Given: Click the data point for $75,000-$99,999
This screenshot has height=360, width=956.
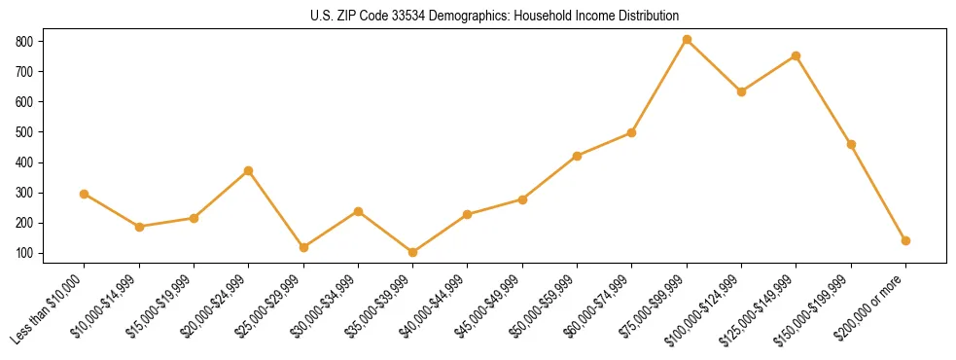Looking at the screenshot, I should (x=687, y=40).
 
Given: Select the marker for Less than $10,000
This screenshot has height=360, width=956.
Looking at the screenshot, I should (x=85, y=194).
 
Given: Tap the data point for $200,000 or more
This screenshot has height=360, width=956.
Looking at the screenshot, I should (x=905, y=240).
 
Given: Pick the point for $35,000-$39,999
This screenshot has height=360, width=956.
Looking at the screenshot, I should (x=413, y=252).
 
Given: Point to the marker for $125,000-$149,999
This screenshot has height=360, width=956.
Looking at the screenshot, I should (x=796, y=55).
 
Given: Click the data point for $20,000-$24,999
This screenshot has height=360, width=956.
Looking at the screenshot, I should (x=249, y=170).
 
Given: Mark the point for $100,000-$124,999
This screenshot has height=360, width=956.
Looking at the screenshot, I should (x=741, y=91).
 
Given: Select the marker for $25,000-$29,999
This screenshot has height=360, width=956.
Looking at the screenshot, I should (x=303, y=247).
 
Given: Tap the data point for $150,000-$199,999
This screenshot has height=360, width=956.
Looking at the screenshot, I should (x=851, y=144).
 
